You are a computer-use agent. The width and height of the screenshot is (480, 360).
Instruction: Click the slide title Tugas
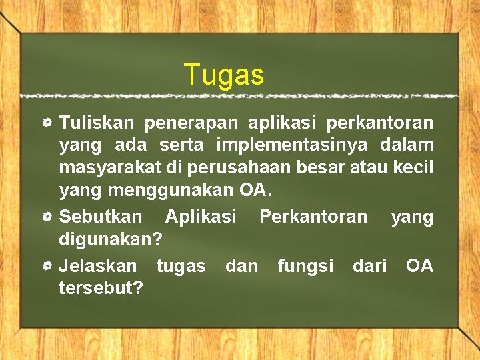tap(224, 75)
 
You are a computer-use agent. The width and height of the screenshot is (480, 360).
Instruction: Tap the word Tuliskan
tap(97, 123)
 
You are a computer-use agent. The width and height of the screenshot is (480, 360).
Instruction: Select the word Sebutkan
tap(101, 217)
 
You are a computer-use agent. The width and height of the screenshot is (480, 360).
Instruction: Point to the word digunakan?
tap(111, 239)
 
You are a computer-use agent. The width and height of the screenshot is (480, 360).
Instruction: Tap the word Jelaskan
tap(99, 266)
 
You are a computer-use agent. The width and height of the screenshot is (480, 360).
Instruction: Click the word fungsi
tap(305, 266)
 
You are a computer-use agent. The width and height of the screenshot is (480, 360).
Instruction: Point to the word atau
tap(371, 166)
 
